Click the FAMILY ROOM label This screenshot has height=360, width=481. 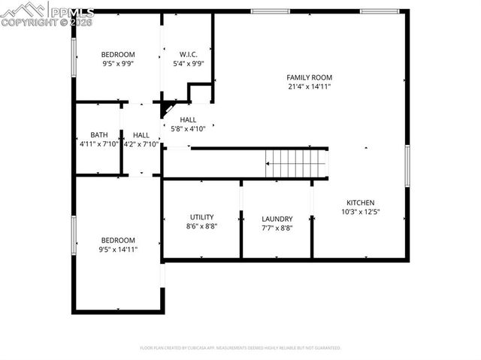309,77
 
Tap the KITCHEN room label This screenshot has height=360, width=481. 360,202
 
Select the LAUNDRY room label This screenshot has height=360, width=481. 277,219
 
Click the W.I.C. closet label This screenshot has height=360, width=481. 188,54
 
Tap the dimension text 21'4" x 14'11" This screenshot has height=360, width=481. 309,87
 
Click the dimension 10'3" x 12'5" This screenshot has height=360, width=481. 360,212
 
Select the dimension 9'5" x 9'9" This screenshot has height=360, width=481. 118,64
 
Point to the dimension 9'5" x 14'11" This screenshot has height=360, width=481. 118,250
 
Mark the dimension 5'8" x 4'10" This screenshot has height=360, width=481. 188,129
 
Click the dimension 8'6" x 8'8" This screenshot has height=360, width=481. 201,226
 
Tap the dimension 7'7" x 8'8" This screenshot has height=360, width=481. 277,228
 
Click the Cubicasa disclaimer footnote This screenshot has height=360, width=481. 240,348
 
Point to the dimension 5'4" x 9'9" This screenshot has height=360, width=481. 188,64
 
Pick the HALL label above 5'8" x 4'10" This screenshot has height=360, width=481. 188,119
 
